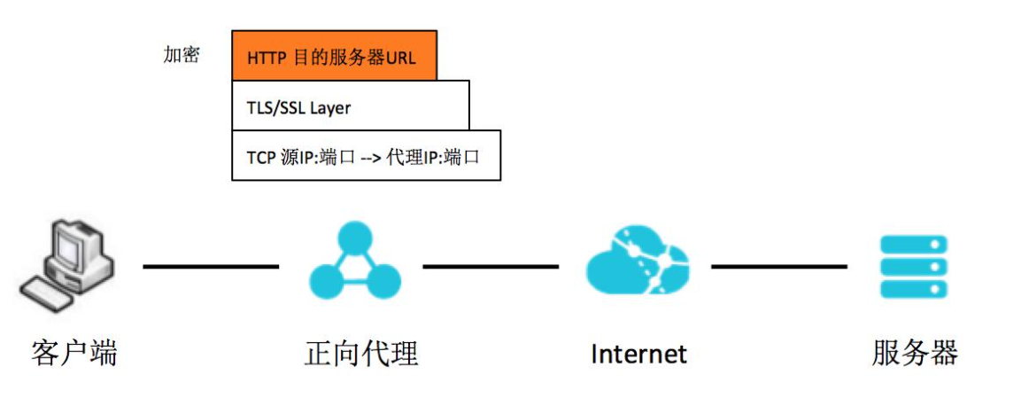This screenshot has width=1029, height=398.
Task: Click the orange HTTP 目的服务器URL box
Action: click(x=334, y=57)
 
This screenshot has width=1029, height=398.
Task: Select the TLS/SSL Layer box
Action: click(x=350, y=106)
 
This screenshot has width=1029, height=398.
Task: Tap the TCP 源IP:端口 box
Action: click(x=366, y=156)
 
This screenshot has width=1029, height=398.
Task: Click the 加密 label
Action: click(x=182, y=55)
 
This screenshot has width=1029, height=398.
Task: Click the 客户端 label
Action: click(x=73, y=354)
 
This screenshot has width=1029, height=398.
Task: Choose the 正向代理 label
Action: click(x=360, y=354)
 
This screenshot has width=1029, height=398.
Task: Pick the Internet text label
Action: click(x=638, y=355)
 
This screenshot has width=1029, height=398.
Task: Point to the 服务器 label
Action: click(x=915, y=354)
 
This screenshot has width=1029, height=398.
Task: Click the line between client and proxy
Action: click(x=211, y=266)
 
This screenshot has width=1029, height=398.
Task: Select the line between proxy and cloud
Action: click(x=491, y=266)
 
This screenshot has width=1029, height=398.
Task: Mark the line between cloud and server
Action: click(x=779, y=266)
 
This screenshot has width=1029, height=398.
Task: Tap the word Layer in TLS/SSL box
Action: click(x=330, y=108)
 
